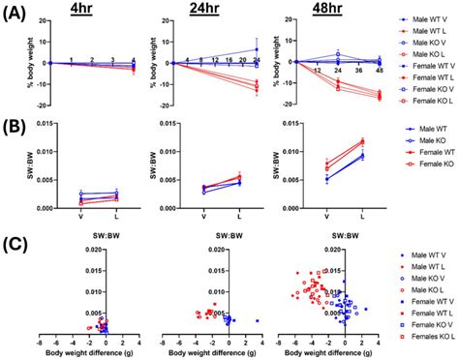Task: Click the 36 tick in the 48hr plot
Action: click(357, 70)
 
